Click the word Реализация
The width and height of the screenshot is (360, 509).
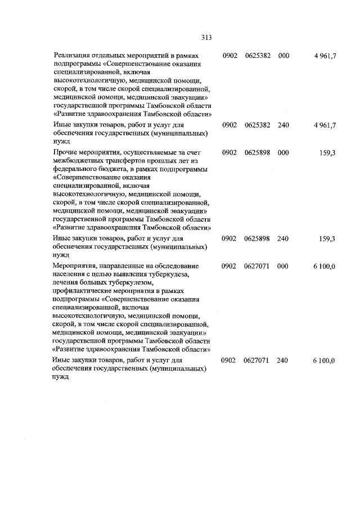coord(71,56)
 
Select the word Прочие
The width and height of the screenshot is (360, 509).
coord(64,153)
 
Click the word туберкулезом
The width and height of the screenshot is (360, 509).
coord(127,282)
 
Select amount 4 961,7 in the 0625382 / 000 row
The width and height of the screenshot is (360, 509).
coord(325,56)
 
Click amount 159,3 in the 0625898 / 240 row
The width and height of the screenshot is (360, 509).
coord(327,238)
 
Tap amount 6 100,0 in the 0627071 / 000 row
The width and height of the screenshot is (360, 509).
coord(325,265)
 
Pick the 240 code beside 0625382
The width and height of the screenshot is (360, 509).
coord(283,124)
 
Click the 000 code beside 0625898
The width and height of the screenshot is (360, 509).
coord(283,153)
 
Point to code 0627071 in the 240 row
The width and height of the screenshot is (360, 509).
coord(257,360)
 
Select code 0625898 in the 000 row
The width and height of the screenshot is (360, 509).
coord(257,153)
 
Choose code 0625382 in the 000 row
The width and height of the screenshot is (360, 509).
coord(257,56)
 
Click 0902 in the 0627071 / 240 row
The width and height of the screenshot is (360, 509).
coord(230,360)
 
